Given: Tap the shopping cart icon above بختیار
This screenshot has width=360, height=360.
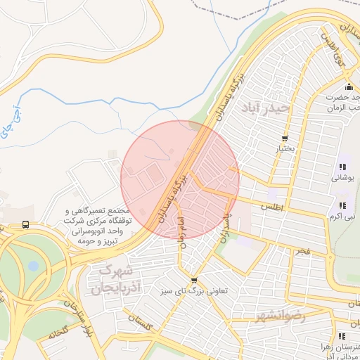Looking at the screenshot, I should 284,137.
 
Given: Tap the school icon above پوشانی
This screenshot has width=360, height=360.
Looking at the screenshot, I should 342,167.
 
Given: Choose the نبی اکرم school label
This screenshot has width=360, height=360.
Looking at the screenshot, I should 344,216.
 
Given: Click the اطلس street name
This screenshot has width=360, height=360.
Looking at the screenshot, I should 271,208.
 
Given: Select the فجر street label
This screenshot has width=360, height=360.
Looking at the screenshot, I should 301,251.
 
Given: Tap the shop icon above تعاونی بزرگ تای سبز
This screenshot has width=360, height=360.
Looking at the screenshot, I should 194,280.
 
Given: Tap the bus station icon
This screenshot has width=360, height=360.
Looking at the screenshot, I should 26,225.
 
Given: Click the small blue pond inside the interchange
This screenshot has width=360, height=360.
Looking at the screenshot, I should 34,266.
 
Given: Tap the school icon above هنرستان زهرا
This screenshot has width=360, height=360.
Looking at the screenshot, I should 342,336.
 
